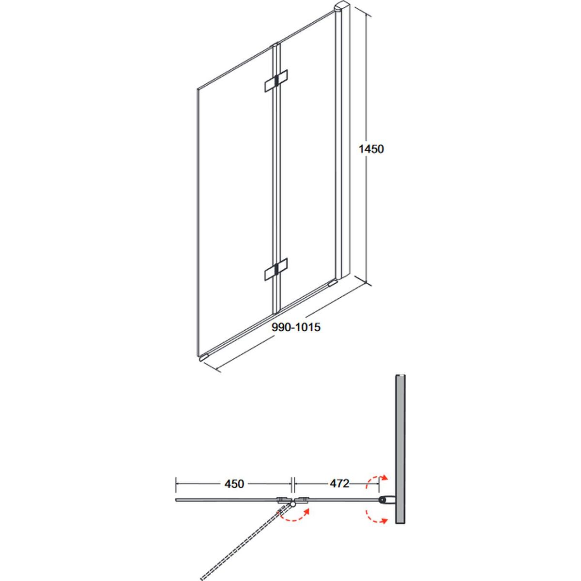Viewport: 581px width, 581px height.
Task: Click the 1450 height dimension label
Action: (x=371, y=149)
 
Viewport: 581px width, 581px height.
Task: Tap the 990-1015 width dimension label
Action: (x=296, y=327)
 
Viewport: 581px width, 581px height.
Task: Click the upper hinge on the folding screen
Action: (x=276, y=80)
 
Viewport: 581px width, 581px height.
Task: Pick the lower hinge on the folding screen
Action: (x=276, y=269)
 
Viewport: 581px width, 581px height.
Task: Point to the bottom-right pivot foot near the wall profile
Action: (x=333, y=282)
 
